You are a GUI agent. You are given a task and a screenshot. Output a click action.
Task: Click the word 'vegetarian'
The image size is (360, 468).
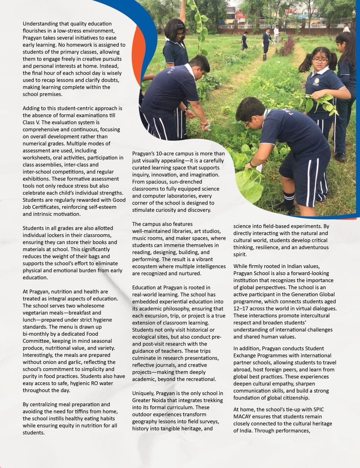click(37, 313)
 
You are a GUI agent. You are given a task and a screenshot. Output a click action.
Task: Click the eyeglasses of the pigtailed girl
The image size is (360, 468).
click(320, 61)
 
